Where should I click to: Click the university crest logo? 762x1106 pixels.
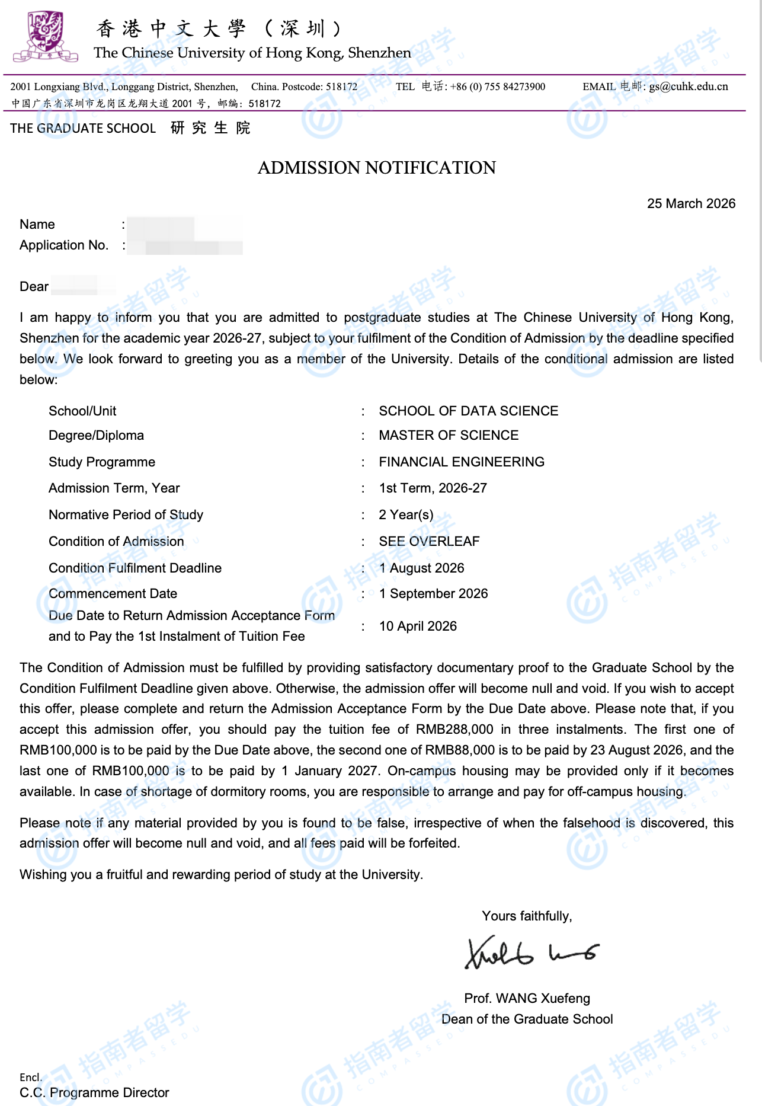click(45, 37)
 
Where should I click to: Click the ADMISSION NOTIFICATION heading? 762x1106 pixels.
click(377, 168)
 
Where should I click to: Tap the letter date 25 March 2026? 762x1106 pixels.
click(691, 203)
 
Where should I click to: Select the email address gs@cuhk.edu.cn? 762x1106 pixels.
click(689, 87)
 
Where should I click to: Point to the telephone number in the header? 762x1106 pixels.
click(498, 87)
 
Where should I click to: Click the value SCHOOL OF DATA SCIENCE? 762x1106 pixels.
click(468, 411)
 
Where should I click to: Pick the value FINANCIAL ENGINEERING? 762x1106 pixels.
click(462, 462)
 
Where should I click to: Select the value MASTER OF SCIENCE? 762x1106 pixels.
click(449, 435)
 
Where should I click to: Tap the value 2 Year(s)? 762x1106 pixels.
click(406, 514)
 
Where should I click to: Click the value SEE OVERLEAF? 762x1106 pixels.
click(429, 541)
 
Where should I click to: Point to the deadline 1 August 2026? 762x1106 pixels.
click(421, 568)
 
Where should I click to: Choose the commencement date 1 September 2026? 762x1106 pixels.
click(433, 593)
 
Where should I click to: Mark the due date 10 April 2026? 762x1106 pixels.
click(418, 626)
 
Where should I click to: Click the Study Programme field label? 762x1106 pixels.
click(102, 462)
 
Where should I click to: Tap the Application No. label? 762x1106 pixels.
click(64, 245)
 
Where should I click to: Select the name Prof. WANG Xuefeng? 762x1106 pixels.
click(527, 998)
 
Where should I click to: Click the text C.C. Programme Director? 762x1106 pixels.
click(94, 1092)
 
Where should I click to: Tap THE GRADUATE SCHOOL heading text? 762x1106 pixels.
click(83, 128)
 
